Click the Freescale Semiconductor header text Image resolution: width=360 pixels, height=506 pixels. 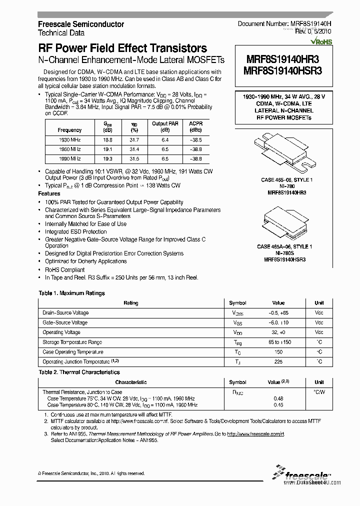pos(81,24)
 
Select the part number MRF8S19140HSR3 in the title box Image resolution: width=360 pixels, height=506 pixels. pos(282,71)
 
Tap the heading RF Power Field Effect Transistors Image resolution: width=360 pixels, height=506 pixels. pos(122,48)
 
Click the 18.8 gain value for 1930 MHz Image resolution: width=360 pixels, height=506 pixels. pos(107,140)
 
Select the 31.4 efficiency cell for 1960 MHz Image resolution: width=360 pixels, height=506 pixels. pos(134,149)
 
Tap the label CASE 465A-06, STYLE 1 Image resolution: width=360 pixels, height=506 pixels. pos(284,247)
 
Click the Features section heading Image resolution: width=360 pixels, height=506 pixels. pos(49,193)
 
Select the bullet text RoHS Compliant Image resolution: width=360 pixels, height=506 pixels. pos(65,269)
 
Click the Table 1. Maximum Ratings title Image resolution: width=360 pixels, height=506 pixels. pos(72,293)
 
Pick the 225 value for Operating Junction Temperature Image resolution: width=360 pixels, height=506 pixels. pos(278,361)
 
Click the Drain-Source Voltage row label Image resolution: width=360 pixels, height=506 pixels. pos(65,313)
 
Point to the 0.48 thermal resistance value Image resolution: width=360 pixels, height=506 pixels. pos(278,398)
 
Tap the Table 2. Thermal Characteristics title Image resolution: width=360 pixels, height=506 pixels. pos(79,372)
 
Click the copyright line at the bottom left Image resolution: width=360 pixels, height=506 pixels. pos(91,473)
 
